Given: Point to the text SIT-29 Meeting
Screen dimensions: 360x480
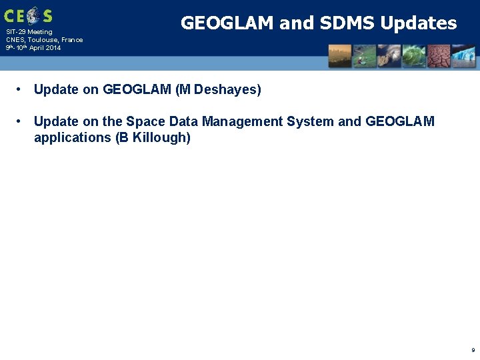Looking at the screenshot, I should tap(29, 32).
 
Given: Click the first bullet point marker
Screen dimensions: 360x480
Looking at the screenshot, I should tap(21, 89).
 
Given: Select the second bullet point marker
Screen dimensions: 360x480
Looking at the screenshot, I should tap(21, 121).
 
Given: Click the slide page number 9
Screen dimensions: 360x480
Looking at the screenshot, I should tap(473, 349).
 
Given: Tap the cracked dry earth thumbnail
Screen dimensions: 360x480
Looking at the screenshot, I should tap(438, 56).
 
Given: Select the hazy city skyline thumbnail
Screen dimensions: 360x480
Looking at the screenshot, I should tap(340, 56).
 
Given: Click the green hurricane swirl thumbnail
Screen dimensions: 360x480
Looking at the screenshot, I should tap(413, 56).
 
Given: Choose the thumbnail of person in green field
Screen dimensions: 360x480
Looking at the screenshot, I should tap(364, 56).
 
